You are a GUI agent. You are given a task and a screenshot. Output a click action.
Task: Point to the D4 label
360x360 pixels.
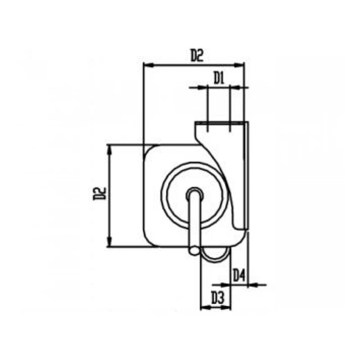(239, 275)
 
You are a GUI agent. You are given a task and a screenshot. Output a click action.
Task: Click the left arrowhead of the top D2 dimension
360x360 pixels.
(147, 65)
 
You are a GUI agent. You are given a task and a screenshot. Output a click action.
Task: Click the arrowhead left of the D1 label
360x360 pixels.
(204, 87)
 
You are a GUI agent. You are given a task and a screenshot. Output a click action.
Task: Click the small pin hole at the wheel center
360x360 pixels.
(194, 193)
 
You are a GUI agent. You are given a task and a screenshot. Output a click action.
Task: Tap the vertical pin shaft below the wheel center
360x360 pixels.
(194, 222)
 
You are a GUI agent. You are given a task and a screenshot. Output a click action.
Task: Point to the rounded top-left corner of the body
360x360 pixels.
(149, 150)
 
